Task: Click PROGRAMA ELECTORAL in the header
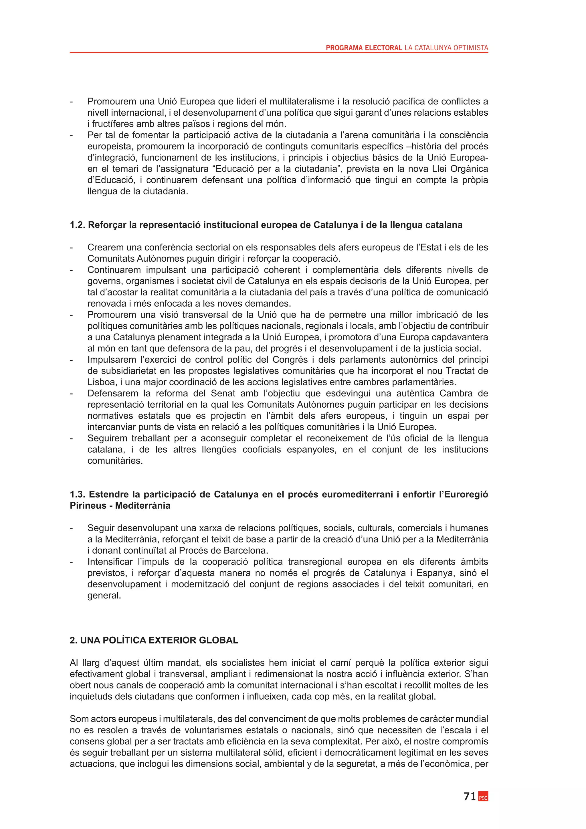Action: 364,48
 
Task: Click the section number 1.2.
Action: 77,225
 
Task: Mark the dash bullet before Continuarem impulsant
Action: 72,270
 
